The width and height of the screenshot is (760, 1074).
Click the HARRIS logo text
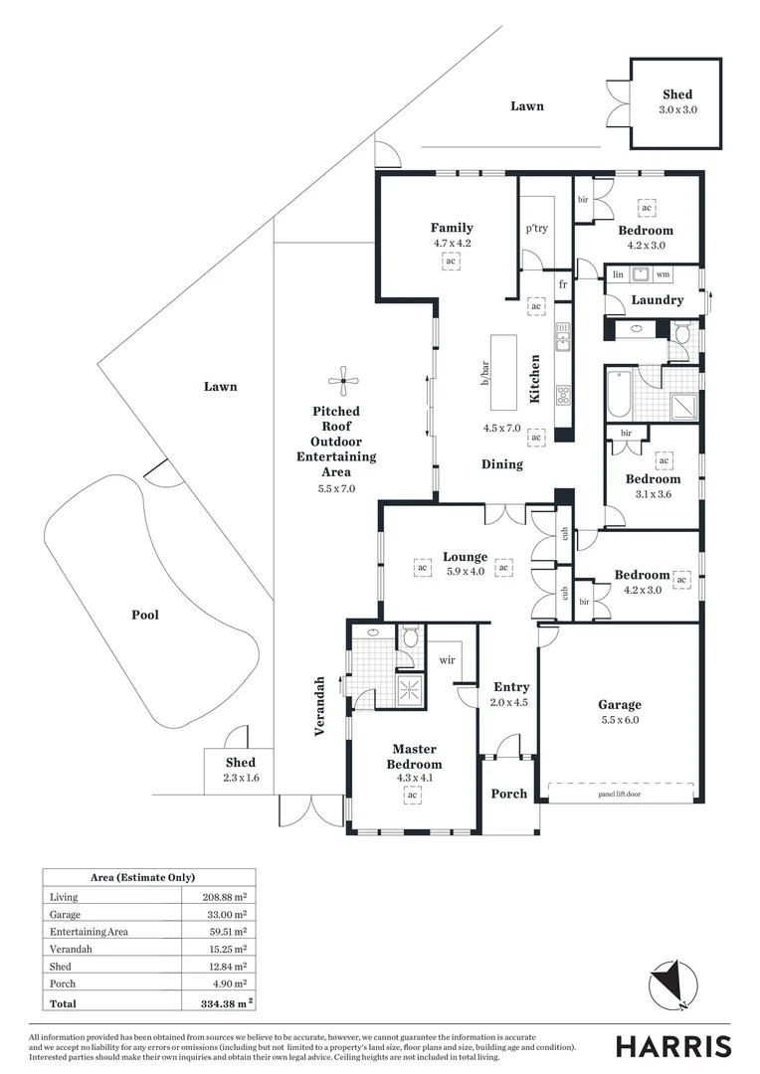point(672,1046)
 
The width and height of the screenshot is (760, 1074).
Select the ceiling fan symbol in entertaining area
point(342,378)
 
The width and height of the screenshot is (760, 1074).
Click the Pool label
point(145,615)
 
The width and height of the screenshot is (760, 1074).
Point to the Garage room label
point(619,704)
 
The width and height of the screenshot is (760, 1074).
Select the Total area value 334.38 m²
point(221,1003)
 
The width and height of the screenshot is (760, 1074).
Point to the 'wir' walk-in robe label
point(447,658)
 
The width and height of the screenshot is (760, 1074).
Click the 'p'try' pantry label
point(536,229)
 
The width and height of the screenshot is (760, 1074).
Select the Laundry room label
point(658,299)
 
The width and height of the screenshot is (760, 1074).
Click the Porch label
point(509,794)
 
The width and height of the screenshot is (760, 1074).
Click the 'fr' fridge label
point(563,284)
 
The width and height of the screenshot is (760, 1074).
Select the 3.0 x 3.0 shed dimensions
point(677,109)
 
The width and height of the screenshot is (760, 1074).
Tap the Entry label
point(511,686)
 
